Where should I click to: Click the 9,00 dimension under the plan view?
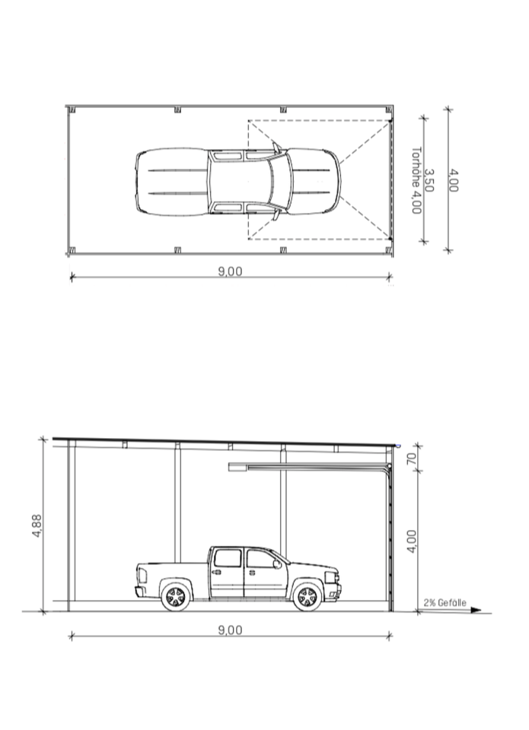[230, 271]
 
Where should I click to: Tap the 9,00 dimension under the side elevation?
[230, 630]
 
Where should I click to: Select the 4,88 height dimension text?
[37, 525]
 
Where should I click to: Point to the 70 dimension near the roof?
[410, 459]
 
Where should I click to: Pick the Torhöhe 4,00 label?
[416, 181]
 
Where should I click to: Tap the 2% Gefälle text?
[445, 602]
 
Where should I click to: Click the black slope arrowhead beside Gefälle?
[476, 610]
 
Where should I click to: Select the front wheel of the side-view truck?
[308, 596]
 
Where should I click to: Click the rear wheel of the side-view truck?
[176, 596]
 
